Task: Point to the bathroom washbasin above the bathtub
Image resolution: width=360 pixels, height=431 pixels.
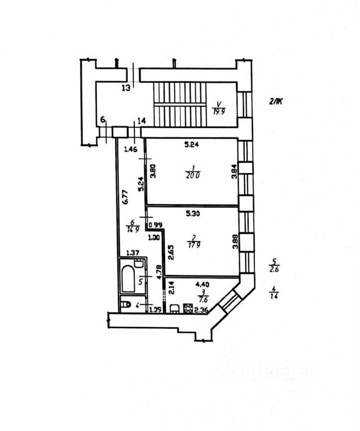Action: coord(140,264)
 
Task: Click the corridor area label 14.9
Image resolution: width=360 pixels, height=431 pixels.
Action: coord(132,230)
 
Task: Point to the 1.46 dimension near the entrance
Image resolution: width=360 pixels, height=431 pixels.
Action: coord(130,148)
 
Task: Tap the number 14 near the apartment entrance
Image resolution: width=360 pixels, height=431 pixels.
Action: coord(141,121)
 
